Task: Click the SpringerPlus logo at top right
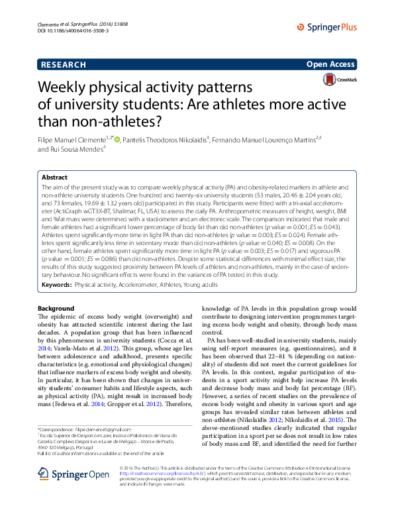[x=328, y=26]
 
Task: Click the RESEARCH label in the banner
[x=63, y=65]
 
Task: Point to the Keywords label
[x=56, y=284]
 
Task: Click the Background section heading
[x=56, y=309]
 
